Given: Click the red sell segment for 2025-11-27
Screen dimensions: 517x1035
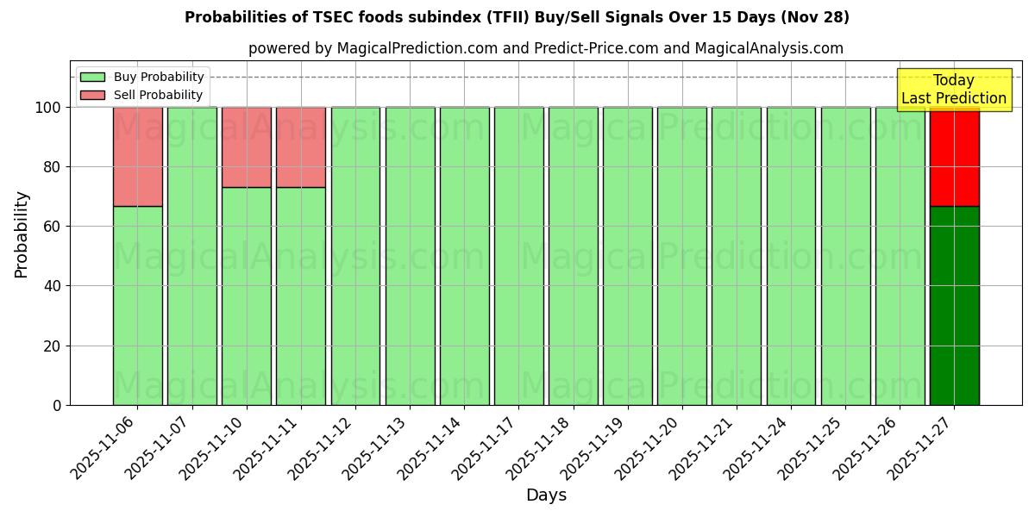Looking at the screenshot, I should click(x=954, y=156).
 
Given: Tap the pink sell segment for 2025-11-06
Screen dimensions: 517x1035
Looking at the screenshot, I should click(x=137, y=156).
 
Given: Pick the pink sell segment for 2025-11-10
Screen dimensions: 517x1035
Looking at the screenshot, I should click(x=246, y=146).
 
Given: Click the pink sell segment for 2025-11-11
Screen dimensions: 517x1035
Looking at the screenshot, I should click(x=301, y=146).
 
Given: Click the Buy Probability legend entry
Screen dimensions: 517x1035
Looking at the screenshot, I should click(x=142, y=77).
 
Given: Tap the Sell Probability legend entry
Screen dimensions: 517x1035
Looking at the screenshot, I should click(x=141, y=95).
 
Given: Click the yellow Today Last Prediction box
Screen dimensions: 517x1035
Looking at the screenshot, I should click(x=954, y=90).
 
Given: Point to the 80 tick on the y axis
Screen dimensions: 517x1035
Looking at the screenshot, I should click(x=53, y=167).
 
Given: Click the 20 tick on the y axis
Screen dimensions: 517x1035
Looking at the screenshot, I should click(x=53, y=346).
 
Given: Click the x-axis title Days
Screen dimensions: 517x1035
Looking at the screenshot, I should click(x=546, y=495).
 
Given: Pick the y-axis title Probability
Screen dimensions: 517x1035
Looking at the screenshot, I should click(x=22, y=234).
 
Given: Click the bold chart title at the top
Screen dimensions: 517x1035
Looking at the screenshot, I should click(x=517, y=17).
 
